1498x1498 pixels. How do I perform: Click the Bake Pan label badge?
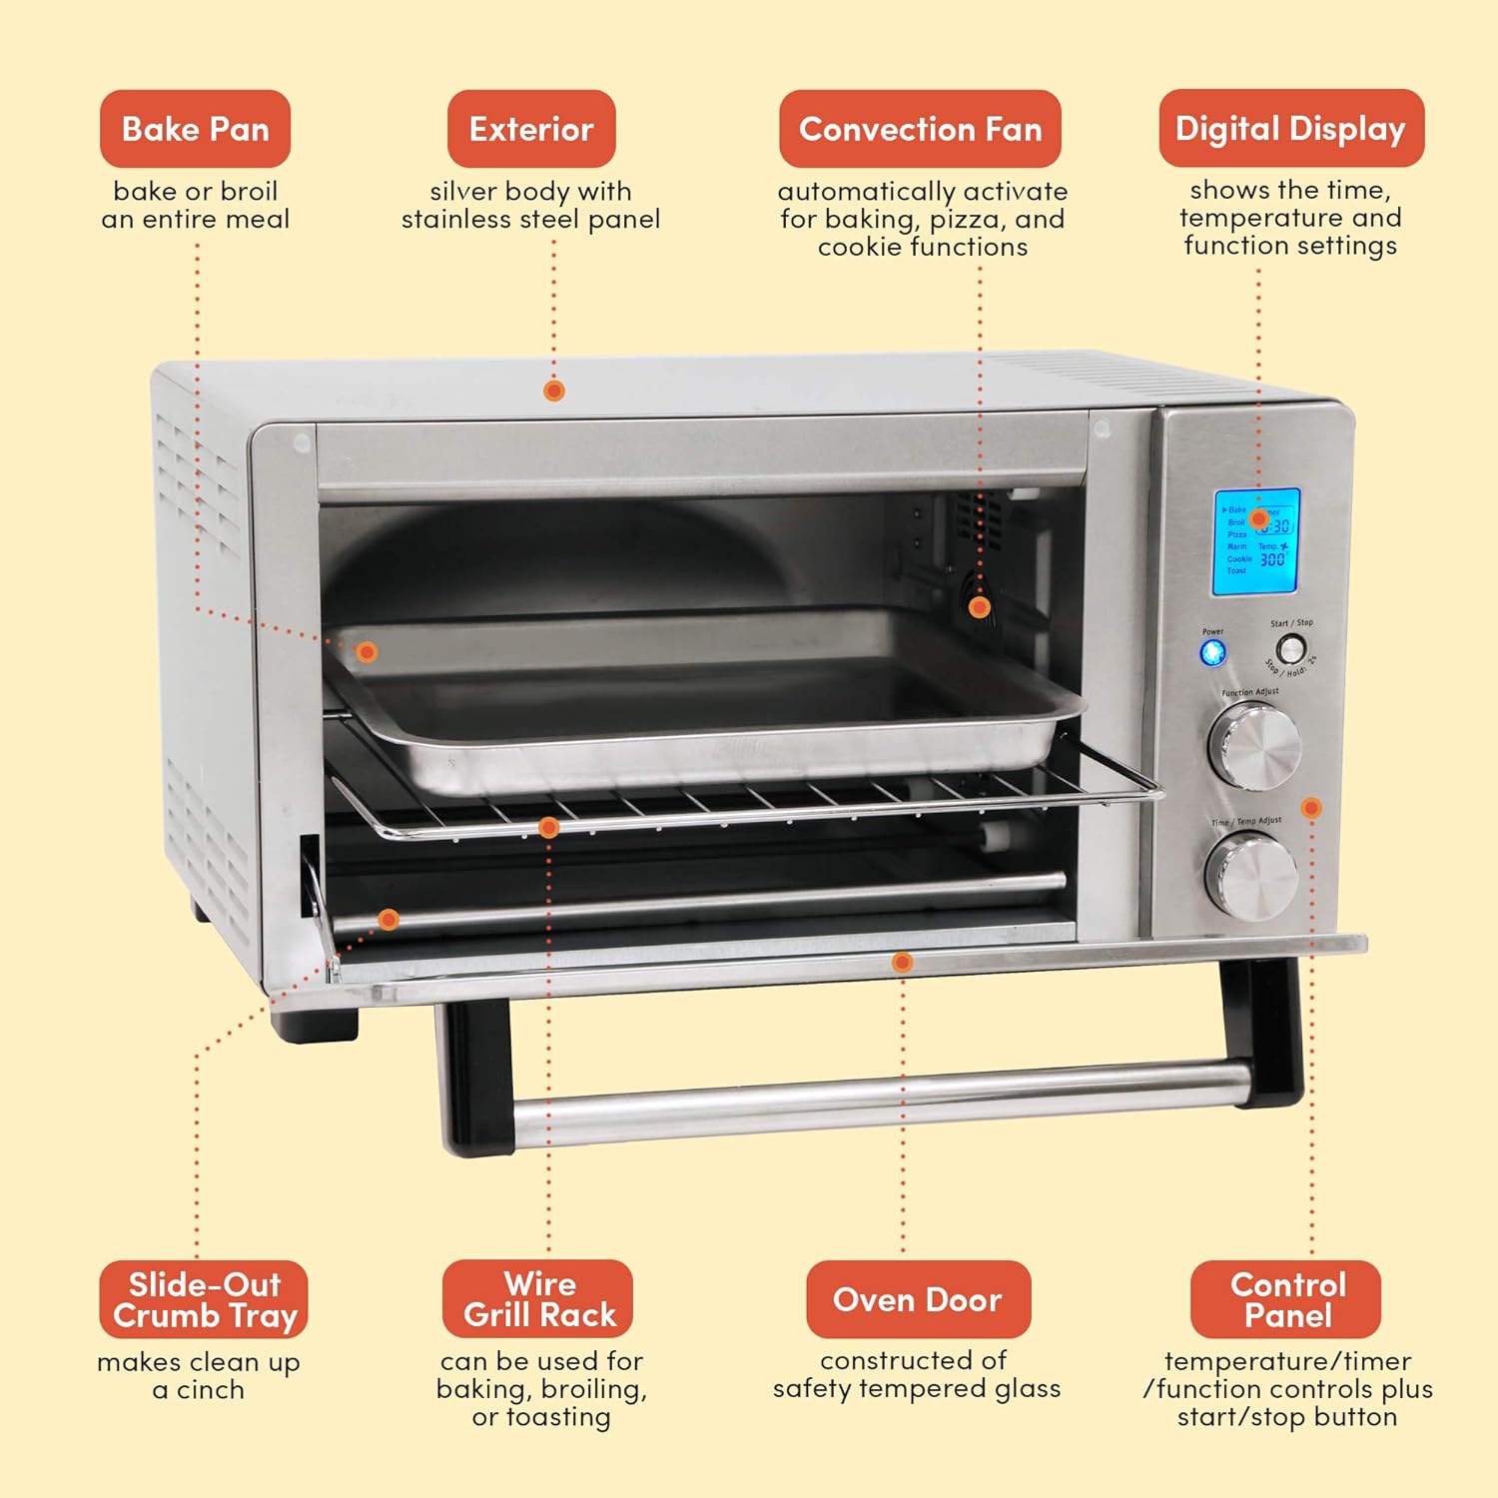(195, 129)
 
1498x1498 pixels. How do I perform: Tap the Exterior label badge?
(531, 129)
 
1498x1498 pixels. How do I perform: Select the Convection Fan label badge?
(920, 129)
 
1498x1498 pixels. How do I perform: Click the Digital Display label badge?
(1290, 128)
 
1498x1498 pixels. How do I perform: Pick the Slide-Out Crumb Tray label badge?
(204, 1299)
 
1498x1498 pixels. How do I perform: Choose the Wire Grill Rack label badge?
(538, 1298)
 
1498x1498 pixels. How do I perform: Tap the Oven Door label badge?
(918, 1299)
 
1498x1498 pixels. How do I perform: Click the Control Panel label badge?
(1286, 1299)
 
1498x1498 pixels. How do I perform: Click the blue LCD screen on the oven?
(1256, 542)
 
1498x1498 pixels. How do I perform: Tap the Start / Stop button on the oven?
(1291, 649)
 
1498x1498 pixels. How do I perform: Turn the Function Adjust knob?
(1253, 745)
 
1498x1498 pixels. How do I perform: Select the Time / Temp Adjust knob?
(1251, 876)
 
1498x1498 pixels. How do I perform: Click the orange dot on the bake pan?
(368, 652)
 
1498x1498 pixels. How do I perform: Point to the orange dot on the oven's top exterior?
(554, 390)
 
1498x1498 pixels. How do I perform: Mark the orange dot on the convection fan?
(979, 606)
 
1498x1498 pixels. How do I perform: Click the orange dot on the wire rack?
(548, 827)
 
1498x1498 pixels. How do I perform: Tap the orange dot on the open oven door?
(902, 962)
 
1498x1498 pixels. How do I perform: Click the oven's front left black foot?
(317, 1024)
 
